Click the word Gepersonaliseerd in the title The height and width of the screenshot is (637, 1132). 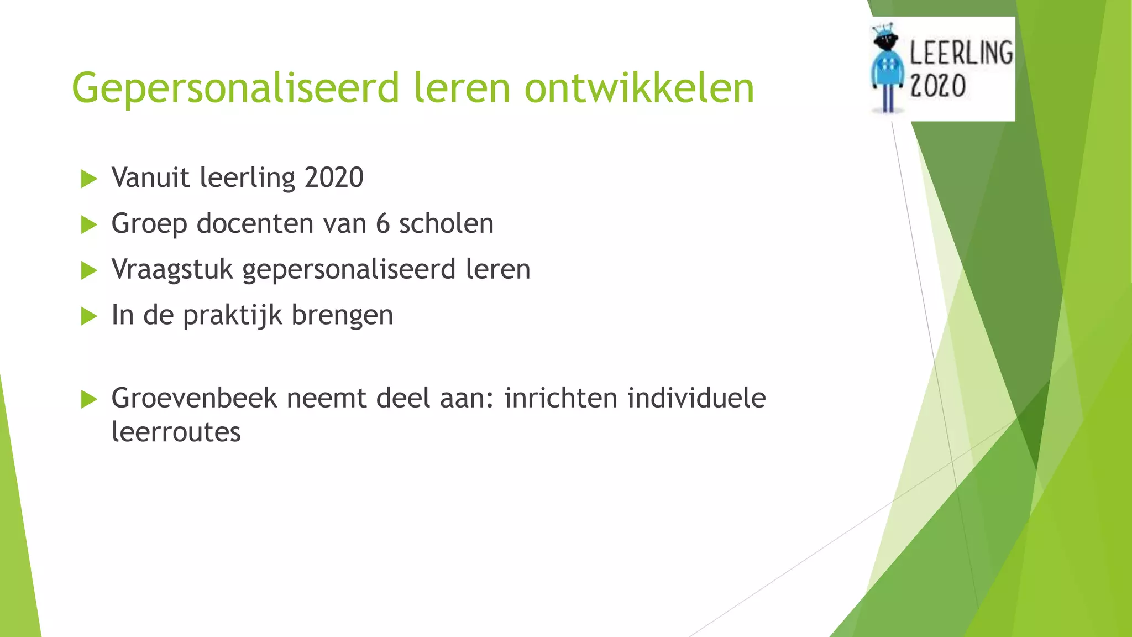(x=235, y=88)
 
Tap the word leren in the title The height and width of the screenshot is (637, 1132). (x=462, y=88)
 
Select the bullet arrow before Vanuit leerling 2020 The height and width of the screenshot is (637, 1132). (x=88, y=179)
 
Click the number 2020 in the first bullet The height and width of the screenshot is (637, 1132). (x=334, y=178)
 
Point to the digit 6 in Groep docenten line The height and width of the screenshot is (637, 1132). (x=382, y=224)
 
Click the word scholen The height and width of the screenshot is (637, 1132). (x=446, y=224)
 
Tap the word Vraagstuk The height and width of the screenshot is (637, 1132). (x=172, y=270)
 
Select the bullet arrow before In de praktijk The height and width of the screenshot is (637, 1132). (x=88, y=316)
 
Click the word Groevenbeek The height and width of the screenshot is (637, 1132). (x=193, y=398)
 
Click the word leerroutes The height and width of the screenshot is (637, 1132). (x=176, y=432)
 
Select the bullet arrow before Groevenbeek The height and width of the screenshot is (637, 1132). (x=88, y=399)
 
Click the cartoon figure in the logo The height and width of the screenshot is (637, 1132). (x=887, y=69)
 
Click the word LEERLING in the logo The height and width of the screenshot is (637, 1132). (x=961, y=53)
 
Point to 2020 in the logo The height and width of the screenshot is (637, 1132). (x=937, y=86)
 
